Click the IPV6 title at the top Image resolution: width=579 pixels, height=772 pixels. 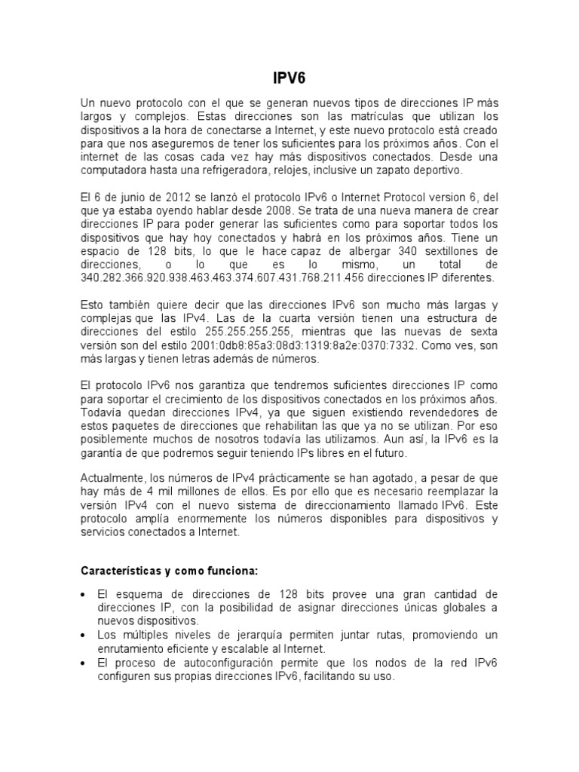pyautogui.click(x=289, y=77)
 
